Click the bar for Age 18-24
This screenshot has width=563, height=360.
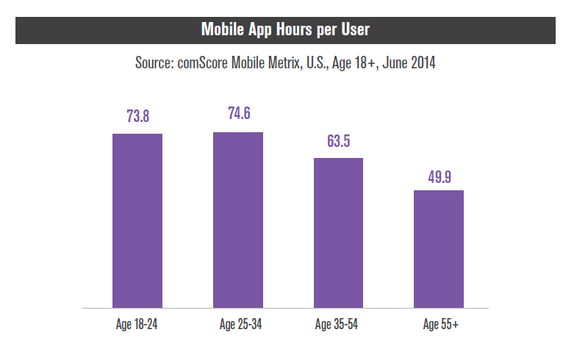coord(137,220)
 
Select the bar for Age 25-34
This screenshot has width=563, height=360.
coord(237,220)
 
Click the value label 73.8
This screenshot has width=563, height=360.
coord(137,116)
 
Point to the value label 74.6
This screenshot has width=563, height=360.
coord(238,114)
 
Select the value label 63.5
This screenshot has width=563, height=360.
coord(338,141)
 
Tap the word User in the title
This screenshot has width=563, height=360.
coord(352,30)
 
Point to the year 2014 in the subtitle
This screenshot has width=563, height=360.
coord(422,63)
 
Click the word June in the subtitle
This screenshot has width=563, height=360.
coord(392,63)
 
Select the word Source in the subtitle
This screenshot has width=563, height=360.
coord(154,63)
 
